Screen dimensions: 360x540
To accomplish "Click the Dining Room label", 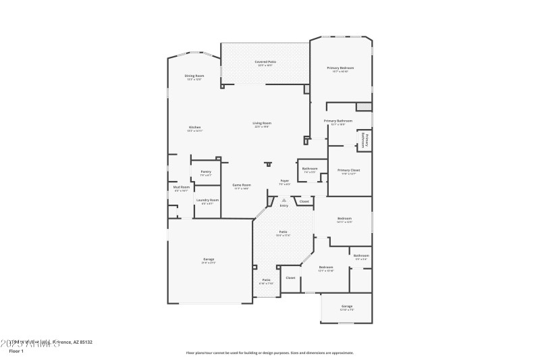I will click(194, 76).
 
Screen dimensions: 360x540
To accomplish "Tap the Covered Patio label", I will click(265, 61).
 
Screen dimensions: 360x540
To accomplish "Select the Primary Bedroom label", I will click(340, 68).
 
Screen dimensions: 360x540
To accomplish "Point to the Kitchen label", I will click(194, 127).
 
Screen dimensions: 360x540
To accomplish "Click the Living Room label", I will click(262, 123).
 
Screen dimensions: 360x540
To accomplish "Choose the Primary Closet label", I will click(349, 170).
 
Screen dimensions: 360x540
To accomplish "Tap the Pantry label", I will click(206, 172).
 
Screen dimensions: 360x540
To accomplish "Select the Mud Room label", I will click(181, 187).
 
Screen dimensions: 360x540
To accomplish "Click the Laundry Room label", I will click(207, 200).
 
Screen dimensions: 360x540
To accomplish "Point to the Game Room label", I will click(242, 185).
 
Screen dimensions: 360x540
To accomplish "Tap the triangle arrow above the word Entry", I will click(284, 200).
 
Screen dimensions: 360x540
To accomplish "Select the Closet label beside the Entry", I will click(304, 201).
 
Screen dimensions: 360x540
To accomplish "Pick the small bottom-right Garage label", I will click(347, 307).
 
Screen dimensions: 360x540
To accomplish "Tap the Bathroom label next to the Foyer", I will click(310, 168).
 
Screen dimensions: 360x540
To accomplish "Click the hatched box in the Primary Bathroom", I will click(364, 107).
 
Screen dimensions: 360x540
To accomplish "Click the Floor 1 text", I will click(16, 351).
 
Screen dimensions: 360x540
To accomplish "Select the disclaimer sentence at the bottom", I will click(269, 352).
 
